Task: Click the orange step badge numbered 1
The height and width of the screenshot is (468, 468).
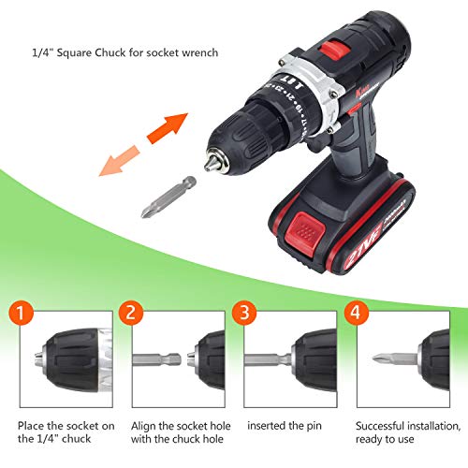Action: (x=21, y=313)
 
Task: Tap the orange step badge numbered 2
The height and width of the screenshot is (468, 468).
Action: (x=131, y=313)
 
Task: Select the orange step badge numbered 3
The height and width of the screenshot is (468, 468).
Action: (x=244, y=313)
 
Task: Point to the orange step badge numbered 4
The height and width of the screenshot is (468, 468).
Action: (x=357, y=313)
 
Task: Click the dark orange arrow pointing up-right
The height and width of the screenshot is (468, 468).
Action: (x=167, y=128)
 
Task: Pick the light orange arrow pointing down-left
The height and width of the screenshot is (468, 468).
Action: (x=120, y=161)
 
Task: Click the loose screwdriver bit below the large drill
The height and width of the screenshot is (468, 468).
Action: (x=168, y=197)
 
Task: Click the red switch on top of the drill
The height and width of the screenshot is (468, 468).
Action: (x=334, y=50)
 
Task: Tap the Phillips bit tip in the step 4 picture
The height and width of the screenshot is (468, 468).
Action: (x=381, y=358)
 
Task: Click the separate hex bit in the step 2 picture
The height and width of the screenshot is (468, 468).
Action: (x=156, y=359)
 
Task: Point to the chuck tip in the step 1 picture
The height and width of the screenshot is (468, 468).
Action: (x=38, y=359)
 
